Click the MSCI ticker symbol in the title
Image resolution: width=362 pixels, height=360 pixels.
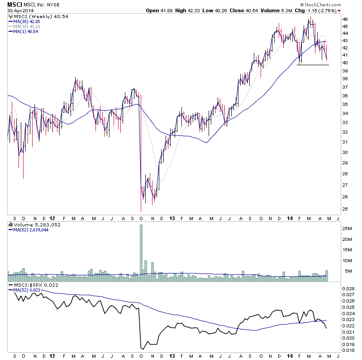[x=14, y=4]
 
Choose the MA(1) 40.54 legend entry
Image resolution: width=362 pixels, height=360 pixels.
[x=25, y=31]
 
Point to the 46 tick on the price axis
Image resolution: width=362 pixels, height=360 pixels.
[x=345, y=19]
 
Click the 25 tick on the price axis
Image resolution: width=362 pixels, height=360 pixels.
[x=345, y=209]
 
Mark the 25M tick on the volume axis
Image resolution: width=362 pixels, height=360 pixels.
[x=347, y=229]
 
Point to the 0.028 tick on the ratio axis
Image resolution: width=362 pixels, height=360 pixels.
[x=348, y=288]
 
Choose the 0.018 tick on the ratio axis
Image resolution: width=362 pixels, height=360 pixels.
[x=348, y=350]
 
